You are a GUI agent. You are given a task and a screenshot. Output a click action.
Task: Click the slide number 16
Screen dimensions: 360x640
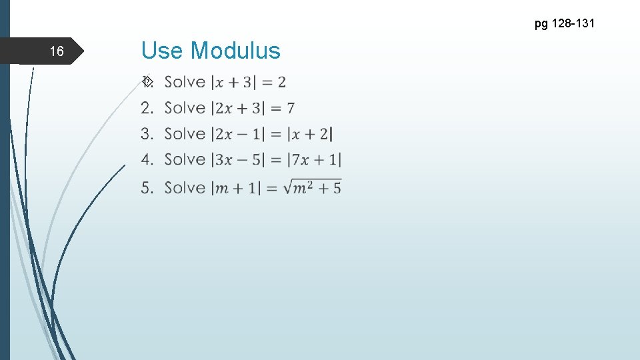coord(57,51)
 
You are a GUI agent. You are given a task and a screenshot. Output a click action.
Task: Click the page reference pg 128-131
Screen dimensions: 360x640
coord(564,24)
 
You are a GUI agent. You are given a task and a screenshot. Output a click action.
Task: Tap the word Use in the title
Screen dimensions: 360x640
coord(163,51)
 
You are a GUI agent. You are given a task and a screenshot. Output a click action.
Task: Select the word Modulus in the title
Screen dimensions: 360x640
coord(236,51)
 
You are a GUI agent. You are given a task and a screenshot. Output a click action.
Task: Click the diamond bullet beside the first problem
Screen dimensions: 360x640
coord(147,82)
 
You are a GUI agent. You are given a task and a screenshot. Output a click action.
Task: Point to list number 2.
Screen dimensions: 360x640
coord(147,108)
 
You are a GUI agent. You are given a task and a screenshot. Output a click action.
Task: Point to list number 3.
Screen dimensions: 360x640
coord(147,134)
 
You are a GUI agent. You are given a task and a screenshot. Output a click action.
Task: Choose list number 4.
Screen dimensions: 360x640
coord(147,160)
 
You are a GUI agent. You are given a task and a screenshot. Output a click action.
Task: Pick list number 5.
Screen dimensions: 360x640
coord(147,188)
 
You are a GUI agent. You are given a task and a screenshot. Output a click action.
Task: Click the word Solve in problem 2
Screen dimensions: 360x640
coord(185,108)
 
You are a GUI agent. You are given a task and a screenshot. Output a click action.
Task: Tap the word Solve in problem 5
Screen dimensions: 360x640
coord(185,188)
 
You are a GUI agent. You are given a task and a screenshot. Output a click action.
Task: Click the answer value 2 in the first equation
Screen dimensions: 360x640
coord(282,83)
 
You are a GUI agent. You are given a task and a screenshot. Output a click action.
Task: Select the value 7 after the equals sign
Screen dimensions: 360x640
coord(291,108)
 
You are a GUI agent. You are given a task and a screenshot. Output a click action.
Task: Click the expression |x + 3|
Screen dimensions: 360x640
coord(233,83)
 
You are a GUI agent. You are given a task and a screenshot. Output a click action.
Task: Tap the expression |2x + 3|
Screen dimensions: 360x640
coord(237,108)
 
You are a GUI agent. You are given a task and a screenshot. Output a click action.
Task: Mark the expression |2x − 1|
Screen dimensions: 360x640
coord(237,134)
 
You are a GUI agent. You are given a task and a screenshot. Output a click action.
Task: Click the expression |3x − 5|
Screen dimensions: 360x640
coord(237,160)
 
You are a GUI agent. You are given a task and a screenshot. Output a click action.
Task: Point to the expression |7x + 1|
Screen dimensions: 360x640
coord(314,160)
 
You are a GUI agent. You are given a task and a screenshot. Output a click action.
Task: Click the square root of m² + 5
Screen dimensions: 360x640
coord(313,188)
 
